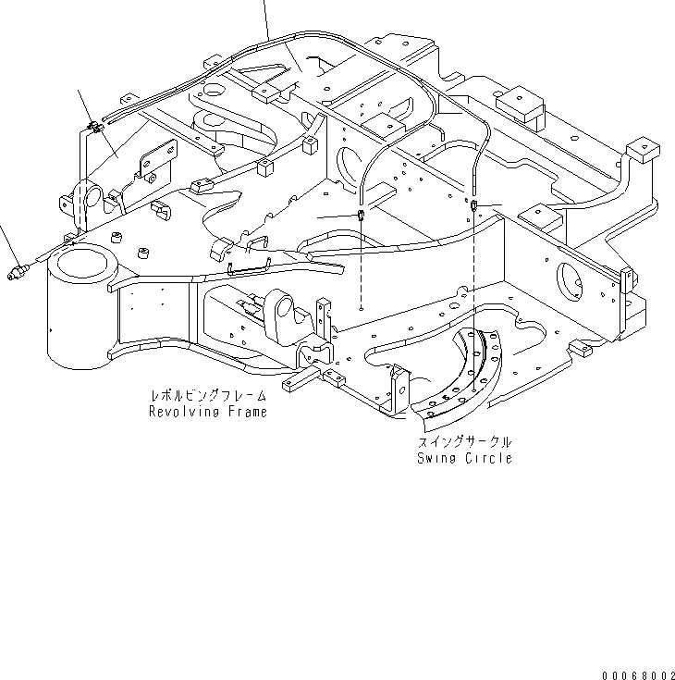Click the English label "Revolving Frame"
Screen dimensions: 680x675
tap(208, 413)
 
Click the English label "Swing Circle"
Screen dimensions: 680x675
tap(463, 459)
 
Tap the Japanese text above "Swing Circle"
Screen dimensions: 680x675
tap(463, 443)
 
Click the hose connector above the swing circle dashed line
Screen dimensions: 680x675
tap(472, 204)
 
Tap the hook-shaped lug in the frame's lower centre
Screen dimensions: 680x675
tap(287, 315)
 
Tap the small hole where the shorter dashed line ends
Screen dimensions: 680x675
tap(361, 310)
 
